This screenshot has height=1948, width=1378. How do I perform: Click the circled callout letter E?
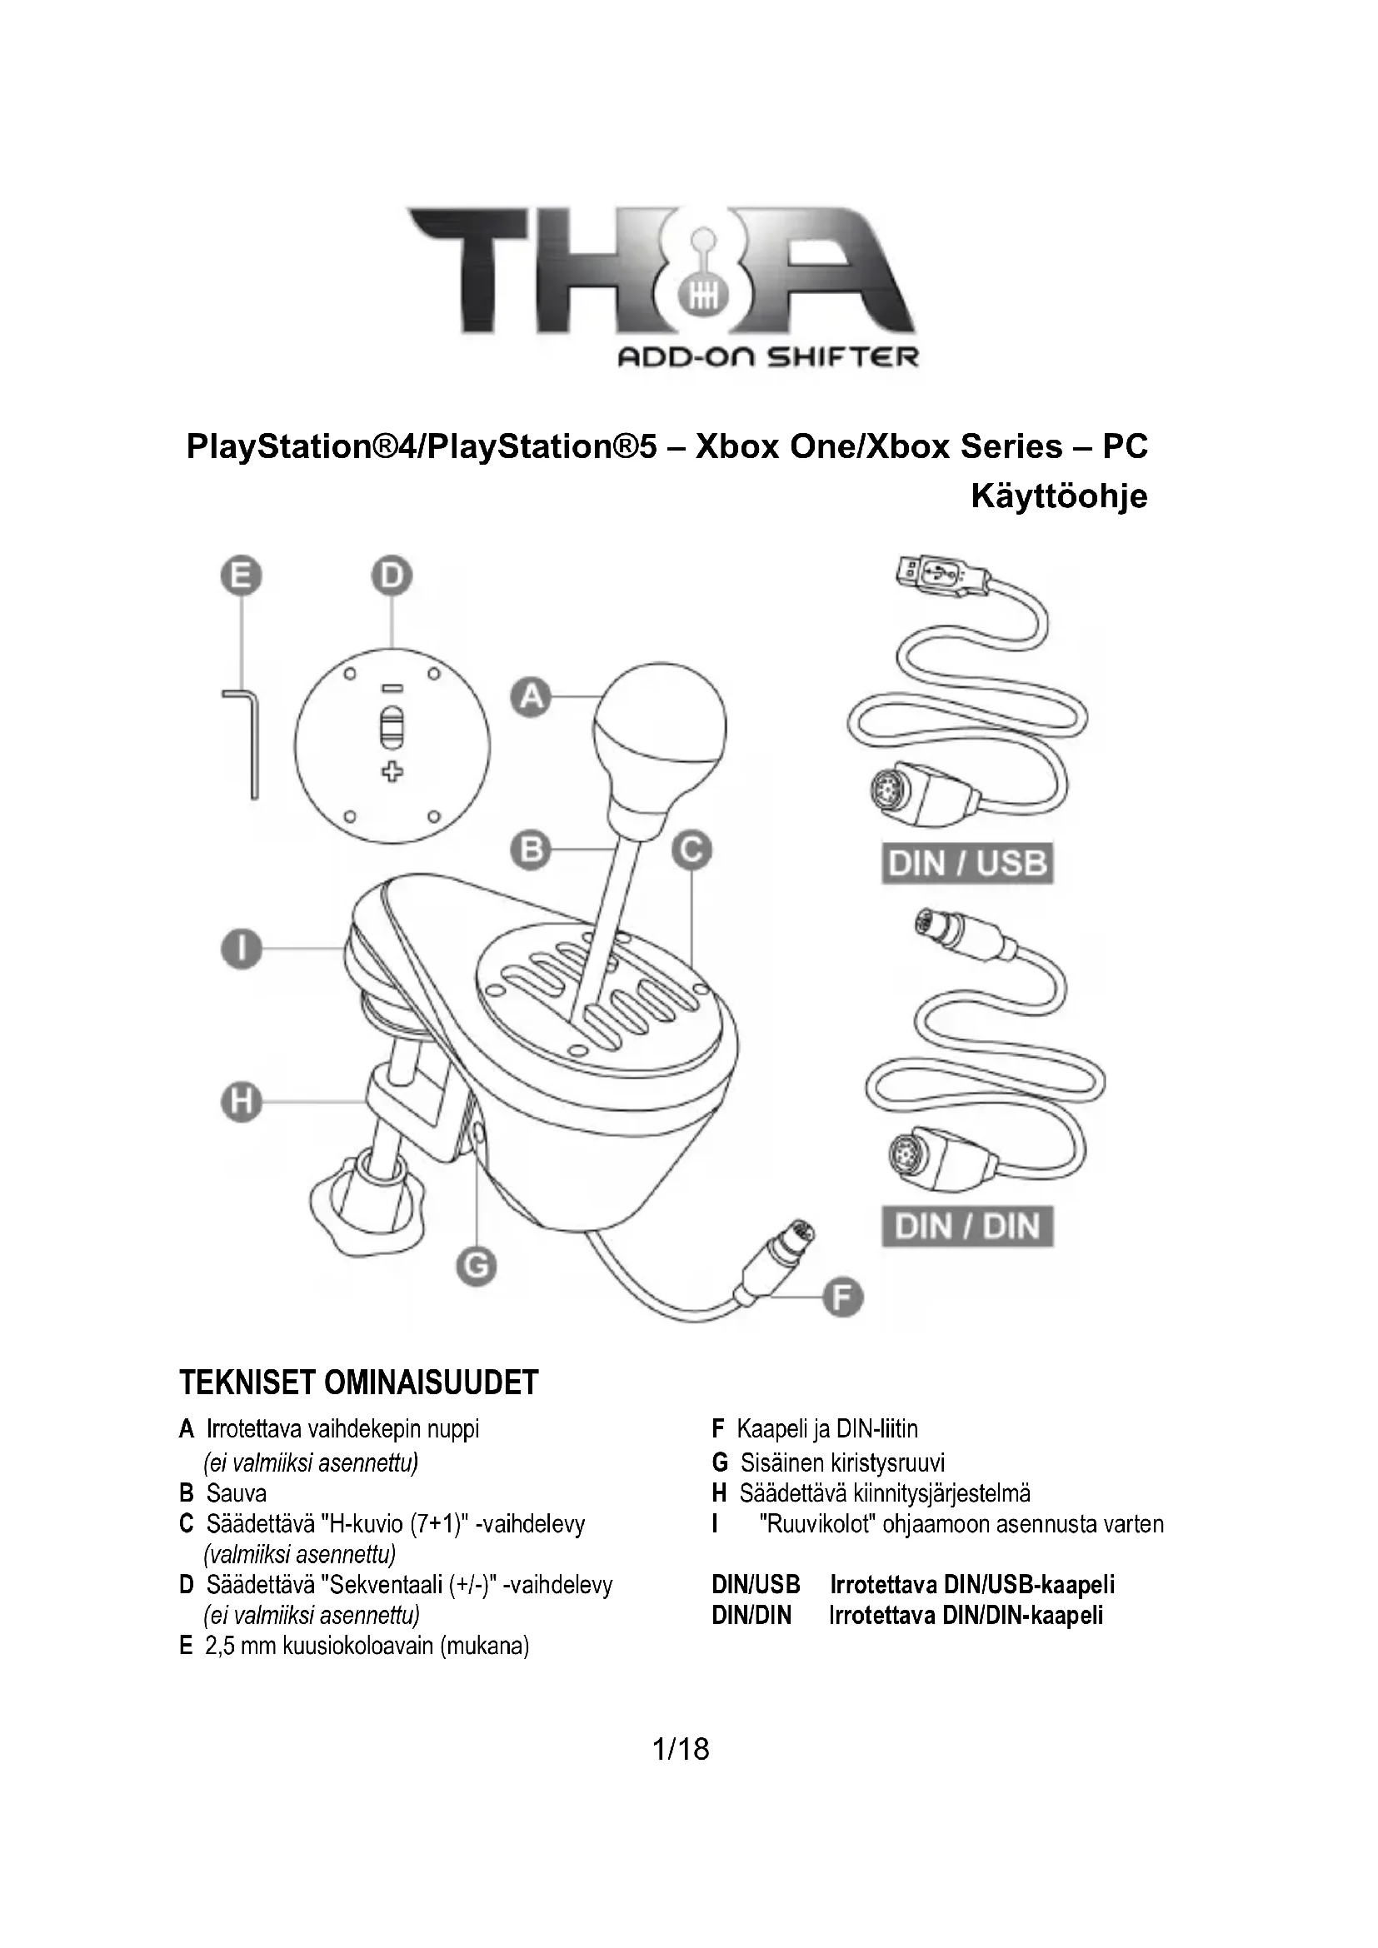[x=242, y=577]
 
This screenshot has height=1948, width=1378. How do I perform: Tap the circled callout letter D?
[x=392, y=577]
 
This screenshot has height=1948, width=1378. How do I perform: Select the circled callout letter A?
[x=532, y=696]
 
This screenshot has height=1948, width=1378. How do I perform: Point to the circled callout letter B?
[x=532, y=849]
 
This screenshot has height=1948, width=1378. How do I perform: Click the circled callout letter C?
[x=691, y=849]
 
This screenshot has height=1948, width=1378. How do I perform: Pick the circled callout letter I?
[x=242, y=949]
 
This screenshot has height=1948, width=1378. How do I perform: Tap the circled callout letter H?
[x=242, y=1102]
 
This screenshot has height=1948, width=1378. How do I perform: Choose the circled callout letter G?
[x=476, y=1267]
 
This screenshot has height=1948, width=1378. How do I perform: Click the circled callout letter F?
[x=842, y=1298]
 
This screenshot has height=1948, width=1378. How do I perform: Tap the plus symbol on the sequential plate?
[x=392, y=771]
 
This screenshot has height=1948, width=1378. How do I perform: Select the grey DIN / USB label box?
[x=967, y=864]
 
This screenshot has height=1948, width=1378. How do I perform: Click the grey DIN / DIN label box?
[x=967, y=1227]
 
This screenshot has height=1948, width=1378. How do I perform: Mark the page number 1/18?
[x=681, y=1750]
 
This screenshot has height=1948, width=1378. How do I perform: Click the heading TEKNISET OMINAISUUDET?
[x=359, y=1383]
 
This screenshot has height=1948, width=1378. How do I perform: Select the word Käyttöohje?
[x=1058, y=496]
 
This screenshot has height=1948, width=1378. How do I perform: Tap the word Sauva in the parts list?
[x=236, y=1492]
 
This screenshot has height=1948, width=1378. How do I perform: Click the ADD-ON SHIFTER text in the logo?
[x=767, y=357]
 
